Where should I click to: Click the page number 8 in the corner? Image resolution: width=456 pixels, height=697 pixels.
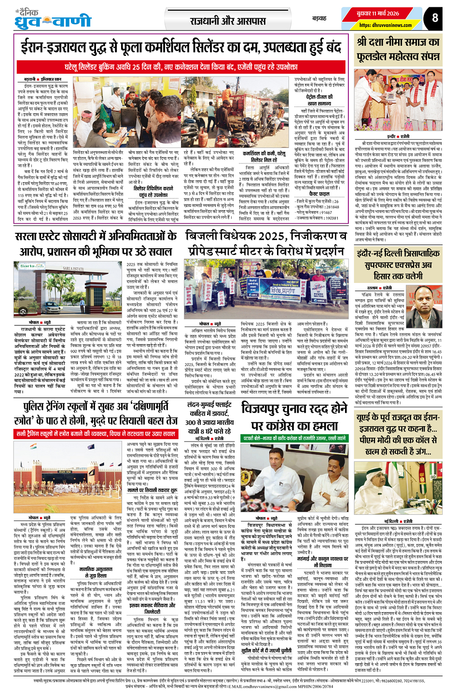pyautogui.click(x=435, y=18)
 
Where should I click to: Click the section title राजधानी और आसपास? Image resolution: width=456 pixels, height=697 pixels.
pyautogui.click(x=228, y=21)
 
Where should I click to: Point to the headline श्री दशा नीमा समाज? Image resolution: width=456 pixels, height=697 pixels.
pyautogui.click(x=398, y=49)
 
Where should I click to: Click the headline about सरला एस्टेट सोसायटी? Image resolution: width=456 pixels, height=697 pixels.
pyautogui.click(x=96, y=243)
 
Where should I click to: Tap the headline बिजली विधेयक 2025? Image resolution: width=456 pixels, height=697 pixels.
pyautogui.click(x=266, y=243)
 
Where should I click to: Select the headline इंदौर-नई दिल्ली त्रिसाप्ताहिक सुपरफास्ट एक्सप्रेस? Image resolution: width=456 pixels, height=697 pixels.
pyautogui.click(x=398, y=264)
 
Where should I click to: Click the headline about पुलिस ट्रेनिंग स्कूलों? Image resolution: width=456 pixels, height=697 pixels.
pyautogui.click(x=95, y=414)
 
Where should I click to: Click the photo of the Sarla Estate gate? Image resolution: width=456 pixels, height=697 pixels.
pyautogui.click(x=69, y=289)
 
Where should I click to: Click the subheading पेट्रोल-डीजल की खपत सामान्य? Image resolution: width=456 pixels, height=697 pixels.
pyautogui.click(x=319, y=100)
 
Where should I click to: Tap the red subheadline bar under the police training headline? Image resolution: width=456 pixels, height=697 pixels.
pyautogui.click(x=95, y=434)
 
